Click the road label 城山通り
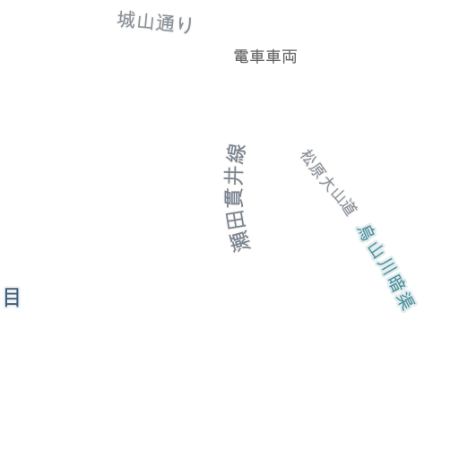155,22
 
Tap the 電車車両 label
265,56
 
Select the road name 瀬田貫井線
237,198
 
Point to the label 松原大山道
329,182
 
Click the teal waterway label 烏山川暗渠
386,268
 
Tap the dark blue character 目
12,297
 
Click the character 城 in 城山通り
126,20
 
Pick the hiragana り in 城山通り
186,24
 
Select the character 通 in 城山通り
165,22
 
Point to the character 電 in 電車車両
241,56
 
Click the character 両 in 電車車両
290,56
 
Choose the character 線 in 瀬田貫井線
236,153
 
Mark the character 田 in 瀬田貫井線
236,221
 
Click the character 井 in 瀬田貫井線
235,176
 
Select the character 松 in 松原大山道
307,156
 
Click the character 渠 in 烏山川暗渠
406,302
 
